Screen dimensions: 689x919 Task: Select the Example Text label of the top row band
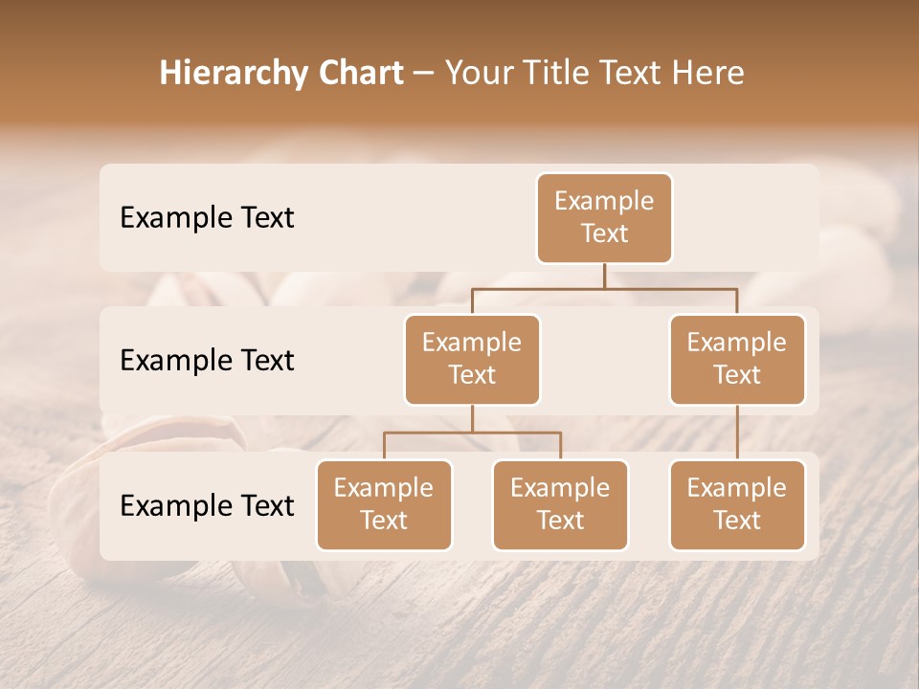click(207, 218)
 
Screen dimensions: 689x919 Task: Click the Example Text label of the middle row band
click(207, 361)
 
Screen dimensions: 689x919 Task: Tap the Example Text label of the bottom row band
click(207, 505)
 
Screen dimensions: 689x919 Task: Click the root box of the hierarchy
click(604, 218)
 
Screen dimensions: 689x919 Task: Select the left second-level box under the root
click(472, 360)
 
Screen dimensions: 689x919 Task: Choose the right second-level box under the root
click(737, 360)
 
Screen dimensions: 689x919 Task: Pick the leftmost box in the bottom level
click(384, 505)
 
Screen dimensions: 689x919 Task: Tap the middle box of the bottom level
click(560, 505)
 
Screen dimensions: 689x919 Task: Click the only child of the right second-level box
click(737, 505)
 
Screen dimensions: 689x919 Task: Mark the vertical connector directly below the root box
click(604, 276)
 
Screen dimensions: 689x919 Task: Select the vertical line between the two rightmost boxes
click(737, 433)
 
